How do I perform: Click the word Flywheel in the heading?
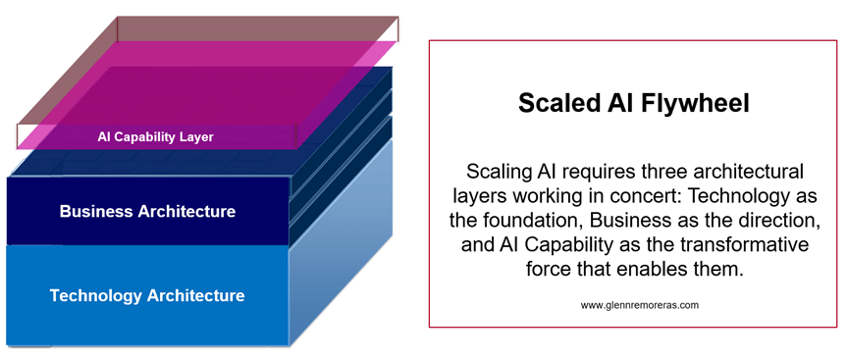coord(696,104)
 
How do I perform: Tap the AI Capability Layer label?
coord(156,137)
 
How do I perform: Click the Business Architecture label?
coord(147,211)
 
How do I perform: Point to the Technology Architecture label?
coord(147,295)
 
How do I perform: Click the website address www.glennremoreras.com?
coord(640,305)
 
